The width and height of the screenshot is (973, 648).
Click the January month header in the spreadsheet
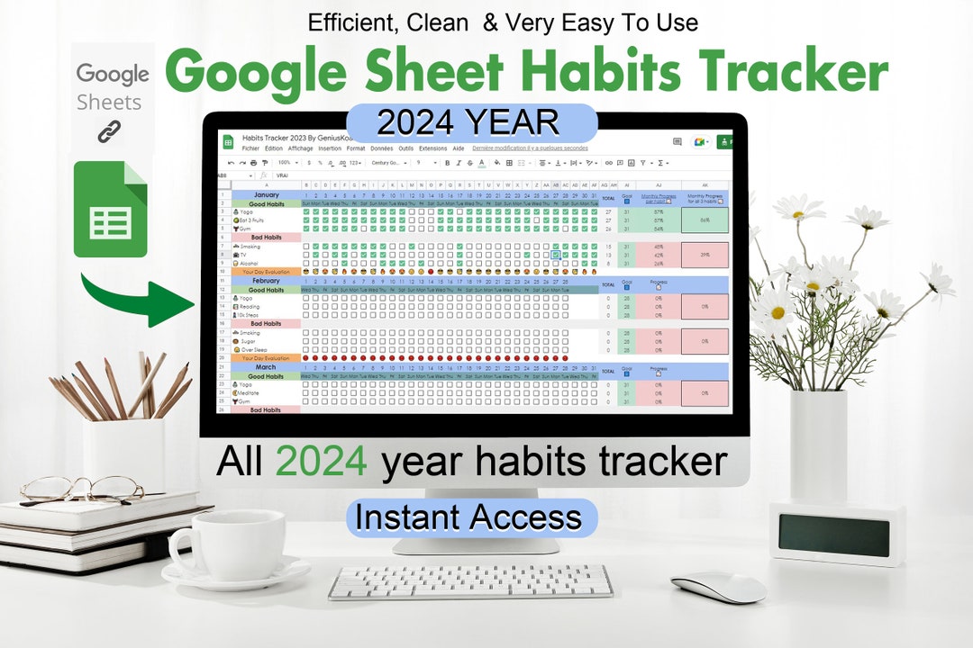[x=267, y=194]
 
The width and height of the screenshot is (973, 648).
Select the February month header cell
[x=267, y=281]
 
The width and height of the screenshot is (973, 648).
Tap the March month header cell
[x=267, y=367]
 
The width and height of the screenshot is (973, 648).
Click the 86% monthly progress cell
[x=705, y=220]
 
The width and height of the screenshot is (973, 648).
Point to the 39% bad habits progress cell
[x=705, y=255]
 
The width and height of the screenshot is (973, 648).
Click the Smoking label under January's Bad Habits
[x=250, y=246]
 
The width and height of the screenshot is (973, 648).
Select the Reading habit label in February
[x=250, y=306]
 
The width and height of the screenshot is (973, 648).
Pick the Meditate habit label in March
[x=250, y=392]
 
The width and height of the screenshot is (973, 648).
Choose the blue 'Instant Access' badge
[x=468, y=517]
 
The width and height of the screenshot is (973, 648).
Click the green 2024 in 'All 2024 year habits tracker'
[x=321, y=461]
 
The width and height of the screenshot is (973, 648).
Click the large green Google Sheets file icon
[x=110, y=210]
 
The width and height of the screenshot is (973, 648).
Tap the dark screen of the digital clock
[x=834, y=535]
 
